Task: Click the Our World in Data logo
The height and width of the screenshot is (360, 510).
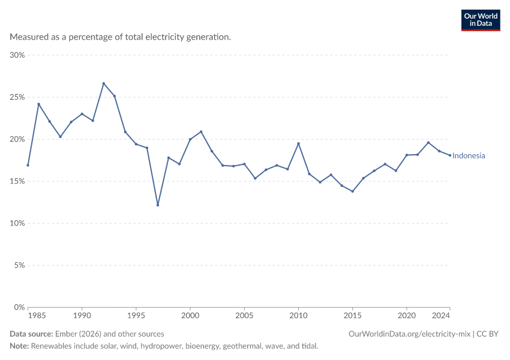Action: pos(481,20)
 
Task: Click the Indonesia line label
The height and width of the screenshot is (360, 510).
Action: pos(469,156)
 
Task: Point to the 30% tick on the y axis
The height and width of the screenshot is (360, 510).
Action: pos(17,55)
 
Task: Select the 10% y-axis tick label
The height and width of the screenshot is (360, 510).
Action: pos(17,223)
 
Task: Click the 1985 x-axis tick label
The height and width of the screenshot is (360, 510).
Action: pos(37,316)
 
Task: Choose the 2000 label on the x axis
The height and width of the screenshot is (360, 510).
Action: pos(190,316)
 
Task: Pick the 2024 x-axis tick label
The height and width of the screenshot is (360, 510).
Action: pos(441,316)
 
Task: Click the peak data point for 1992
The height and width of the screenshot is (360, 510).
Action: pos(104,83)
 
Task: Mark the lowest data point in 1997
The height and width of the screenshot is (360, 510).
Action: pos(158,205)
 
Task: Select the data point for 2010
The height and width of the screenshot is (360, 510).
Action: pos(298,143)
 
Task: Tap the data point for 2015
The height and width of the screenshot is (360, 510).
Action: pos(353,191)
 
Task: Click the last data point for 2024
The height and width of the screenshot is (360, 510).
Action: pos(450,155)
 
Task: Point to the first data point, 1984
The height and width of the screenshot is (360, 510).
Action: pos(28,165)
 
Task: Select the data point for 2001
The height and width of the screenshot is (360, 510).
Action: pos(201,132)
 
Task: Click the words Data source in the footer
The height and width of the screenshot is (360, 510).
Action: pos(31,334)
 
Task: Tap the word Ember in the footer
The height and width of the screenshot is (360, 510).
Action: pos(66,334)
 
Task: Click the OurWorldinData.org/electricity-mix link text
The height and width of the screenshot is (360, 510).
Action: pos(409,334)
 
